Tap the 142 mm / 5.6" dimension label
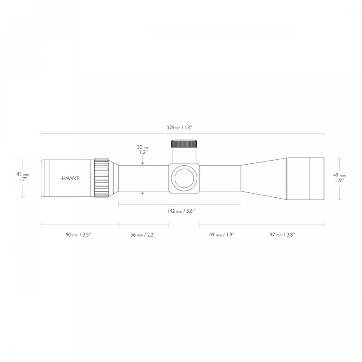[180, 211]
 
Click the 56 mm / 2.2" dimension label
[143, 234]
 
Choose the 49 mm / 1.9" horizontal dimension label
[221, 234]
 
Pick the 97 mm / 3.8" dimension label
[283, 234]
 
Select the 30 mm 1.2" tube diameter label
[143, 150]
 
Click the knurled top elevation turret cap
[184, 144]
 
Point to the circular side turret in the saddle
[184, 178]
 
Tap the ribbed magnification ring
[101, 178]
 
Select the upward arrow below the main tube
[143, 194]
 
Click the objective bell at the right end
[305, 178]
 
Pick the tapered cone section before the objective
[262, 178]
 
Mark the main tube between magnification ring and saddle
[145, 178]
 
